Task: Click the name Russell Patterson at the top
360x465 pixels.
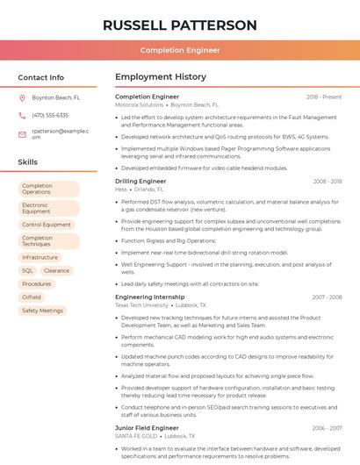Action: click(x=180, y=25)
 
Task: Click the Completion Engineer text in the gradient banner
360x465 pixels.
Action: click(x=180, y=51)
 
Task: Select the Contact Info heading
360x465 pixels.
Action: click(x=41, y=77)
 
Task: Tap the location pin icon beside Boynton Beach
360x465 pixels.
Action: click(x=22, y=97)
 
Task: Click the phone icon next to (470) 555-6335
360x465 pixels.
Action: click(x=22, y=115)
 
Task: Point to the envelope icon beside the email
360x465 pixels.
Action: click(x=22, y=133)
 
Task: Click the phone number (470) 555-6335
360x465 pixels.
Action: click(x=50, y=115)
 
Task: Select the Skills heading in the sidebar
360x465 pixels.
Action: click(x=28, y=162)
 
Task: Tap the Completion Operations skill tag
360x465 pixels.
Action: click(x=48, y=189)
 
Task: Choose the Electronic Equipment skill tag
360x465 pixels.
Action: click(x=48, y=208)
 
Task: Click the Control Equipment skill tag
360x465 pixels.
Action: click(x=47, y=225)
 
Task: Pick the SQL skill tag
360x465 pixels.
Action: click(x=27, y=271)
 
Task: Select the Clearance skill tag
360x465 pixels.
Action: click(x=56, y=271)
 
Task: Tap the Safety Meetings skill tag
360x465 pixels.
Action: click(x=42, y=311)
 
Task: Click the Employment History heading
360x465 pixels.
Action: click(x=161, y=77)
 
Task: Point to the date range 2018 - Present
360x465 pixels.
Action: click(x=324, y=97)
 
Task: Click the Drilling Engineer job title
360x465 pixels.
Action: click(x=140, y=181)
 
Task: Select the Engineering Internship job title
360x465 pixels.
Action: click(x=150, y=297)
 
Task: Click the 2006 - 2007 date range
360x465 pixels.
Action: click(x=327, y=427)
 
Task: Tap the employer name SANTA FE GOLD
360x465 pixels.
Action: click(x=136, y=435)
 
